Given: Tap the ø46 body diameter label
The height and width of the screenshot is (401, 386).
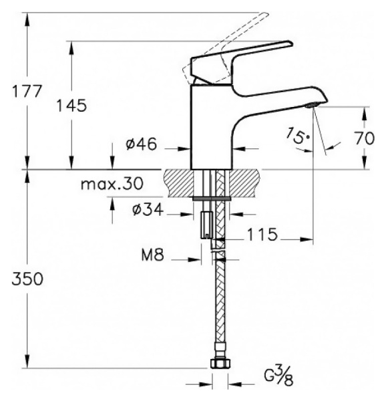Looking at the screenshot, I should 141,144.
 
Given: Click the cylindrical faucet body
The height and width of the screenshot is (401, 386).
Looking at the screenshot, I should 212,127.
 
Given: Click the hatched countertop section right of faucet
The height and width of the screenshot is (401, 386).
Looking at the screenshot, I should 244,182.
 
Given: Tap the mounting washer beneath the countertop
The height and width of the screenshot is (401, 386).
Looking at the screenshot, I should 212,198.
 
